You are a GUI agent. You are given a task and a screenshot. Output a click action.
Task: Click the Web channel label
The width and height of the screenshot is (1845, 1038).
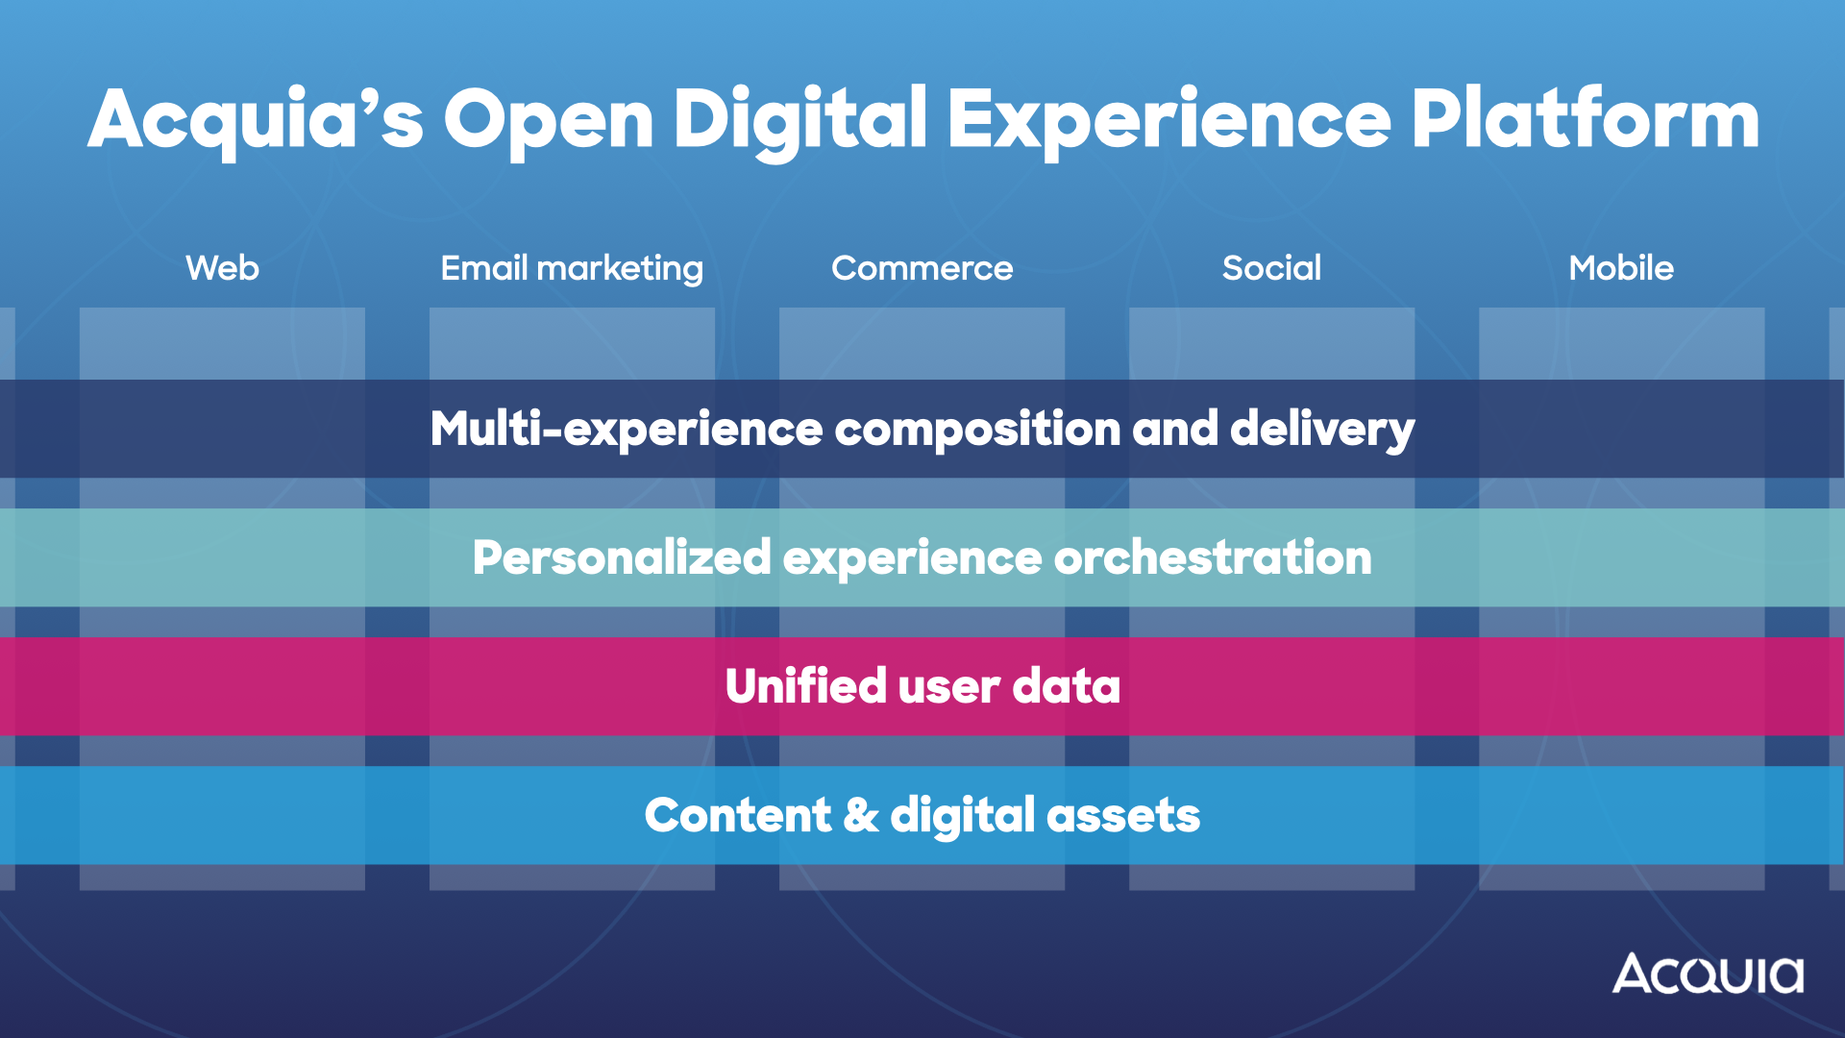coord(222,268)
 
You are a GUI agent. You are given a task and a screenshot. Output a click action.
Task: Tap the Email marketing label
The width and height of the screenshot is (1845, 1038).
coord(572,268)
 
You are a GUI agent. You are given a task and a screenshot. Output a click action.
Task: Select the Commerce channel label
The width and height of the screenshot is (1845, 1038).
coord(922,268)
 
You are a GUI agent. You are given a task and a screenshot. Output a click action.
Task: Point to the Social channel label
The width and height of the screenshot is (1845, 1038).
coord(1271,268)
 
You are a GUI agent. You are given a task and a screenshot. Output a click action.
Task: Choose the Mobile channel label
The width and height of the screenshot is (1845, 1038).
coord(1621,268)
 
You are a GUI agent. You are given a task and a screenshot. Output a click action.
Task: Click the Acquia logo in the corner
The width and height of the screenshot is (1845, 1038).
coord(1708,974)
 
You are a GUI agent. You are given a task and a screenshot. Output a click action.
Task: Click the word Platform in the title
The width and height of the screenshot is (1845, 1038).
coord(1586,119)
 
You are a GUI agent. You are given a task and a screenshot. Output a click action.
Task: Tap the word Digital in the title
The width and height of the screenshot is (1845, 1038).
coord(800,119)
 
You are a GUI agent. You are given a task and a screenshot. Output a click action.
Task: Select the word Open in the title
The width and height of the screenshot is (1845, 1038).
coord(548,119)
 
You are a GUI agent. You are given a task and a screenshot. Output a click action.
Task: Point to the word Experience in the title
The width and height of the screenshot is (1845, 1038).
coord(1169,119)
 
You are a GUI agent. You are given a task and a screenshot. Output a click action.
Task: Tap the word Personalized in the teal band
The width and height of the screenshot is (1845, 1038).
coord(622,557)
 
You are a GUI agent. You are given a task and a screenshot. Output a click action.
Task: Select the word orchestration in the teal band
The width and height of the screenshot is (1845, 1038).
coord(1213,557)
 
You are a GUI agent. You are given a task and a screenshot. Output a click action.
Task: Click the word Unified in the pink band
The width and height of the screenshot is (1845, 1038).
coord(805,686)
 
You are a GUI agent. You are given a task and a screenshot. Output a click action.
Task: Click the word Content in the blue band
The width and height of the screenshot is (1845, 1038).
coord(737,815)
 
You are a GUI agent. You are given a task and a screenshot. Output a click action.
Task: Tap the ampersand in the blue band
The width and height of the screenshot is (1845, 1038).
coord(861,815)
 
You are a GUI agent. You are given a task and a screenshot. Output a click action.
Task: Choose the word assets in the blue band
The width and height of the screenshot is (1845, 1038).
coord(1123,815)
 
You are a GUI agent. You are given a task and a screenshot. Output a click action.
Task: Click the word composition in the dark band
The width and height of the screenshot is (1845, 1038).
coord(977,429)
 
